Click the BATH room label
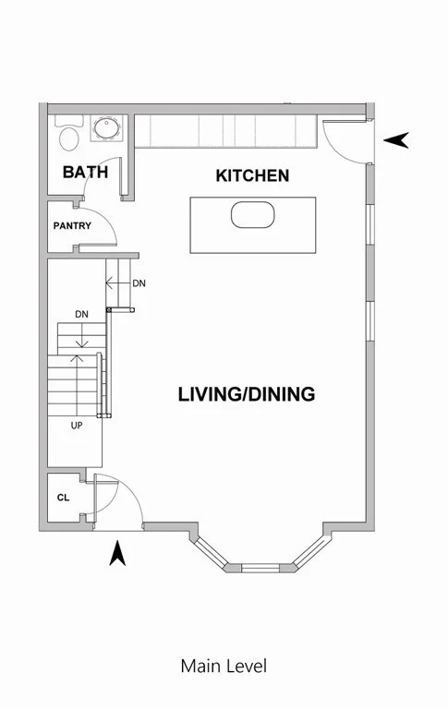(x=85, y=172)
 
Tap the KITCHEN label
(x=252, y=175)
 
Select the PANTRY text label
(x=71, y=225)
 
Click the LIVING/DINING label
(x=247, y=394)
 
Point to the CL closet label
(x=63, y=498)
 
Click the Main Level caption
(x=224, y=666)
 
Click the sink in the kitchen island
(x=252, y=216)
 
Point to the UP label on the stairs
(x=78, y=426)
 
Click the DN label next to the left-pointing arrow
(x=139, y=283)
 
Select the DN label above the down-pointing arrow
(x=81, y=315)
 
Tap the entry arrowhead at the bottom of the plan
(x=117, y=554)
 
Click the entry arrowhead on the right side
(x=396, y=139)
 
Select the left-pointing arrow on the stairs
(x=115, y=283)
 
